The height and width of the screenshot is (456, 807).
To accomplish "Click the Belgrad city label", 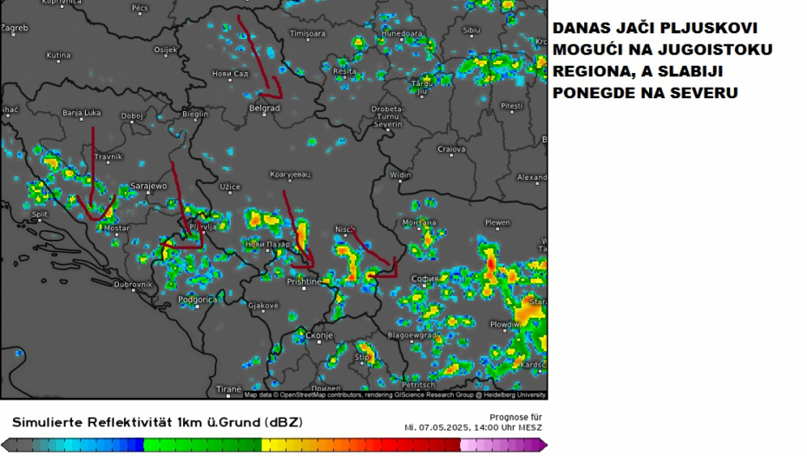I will click(x=264, y=108).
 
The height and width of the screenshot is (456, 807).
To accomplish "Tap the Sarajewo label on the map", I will click(x=148, y=186).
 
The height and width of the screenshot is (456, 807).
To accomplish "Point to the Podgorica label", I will click(x=197, y=300).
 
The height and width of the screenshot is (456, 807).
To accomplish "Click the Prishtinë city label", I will click(x=304, y=281).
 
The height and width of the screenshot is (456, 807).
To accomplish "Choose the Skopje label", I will click(x=318, y=335).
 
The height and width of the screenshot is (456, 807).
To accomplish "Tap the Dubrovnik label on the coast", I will click(x=133, y=284).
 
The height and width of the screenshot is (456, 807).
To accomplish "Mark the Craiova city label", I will click(x=451, y=149).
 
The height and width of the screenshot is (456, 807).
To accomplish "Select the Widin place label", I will click(x=400, y=175).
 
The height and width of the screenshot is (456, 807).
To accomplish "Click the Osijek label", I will click(x=165, y=50).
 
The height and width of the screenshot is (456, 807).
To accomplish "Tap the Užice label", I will click(x=230, y=187).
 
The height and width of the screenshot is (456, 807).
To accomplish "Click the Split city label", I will click(x=40, y=214).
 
